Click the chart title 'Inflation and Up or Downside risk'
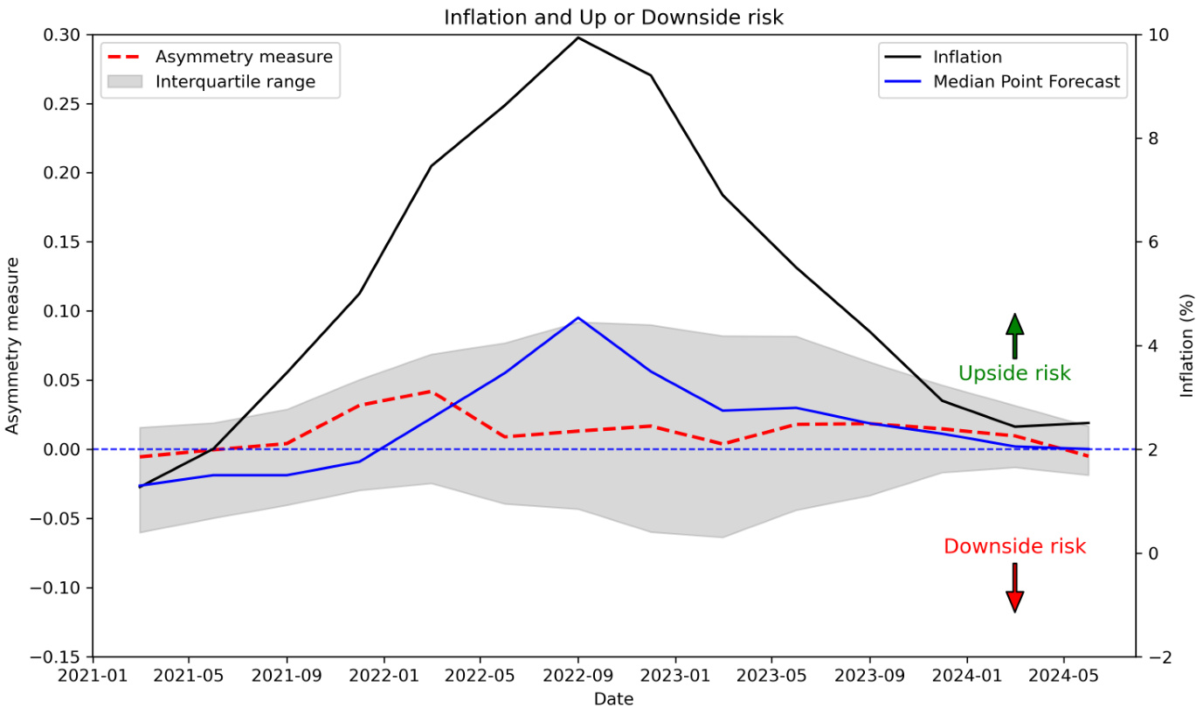point(613,17)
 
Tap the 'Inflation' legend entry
point(967,58)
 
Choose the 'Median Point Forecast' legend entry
point(1027,82)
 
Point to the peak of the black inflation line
point(578,38)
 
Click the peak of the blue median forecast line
point(578,318)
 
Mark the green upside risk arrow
point(1014,336)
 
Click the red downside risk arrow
point(1014,587)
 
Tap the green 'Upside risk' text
point(1014,374)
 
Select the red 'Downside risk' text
point(1014,547)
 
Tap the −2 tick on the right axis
point(1155,656)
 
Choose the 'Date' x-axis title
point(613,698)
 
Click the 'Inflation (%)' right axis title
point(1186,346)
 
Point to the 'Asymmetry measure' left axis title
point(13,346)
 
